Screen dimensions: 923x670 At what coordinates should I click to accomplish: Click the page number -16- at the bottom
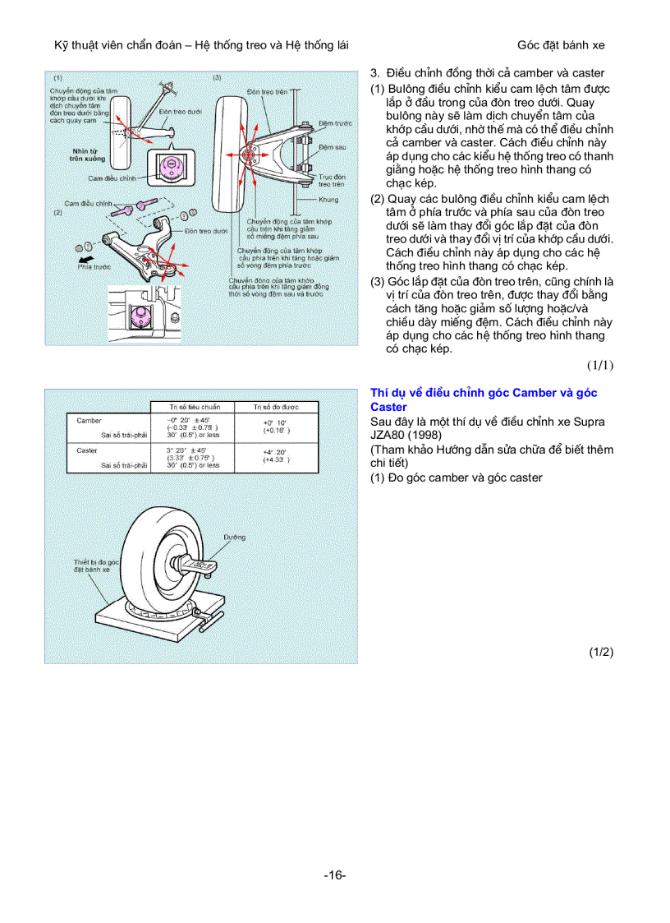coord(334,875)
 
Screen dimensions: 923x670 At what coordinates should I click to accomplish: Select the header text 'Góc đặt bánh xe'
coord(561,45)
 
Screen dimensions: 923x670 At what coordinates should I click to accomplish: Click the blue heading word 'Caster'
coord(388,407)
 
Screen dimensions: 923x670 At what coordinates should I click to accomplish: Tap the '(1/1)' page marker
coord(600,364)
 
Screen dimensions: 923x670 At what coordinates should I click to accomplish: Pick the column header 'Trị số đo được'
coord(275,407)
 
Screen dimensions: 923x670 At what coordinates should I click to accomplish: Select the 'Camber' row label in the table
coord(89,420)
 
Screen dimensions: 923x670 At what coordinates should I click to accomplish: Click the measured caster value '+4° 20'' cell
coord(274,452)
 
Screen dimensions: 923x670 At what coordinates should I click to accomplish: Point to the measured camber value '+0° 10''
coord(274,422)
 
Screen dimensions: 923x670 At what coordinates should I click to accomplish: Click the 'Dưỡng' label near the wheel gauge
coord(234,537)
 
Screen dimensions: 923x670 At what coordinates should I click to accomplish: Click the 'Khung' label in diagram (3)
coord(328,200)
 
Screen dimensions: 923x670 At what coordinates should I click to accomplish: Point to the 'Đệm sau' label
coord(332,147)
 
